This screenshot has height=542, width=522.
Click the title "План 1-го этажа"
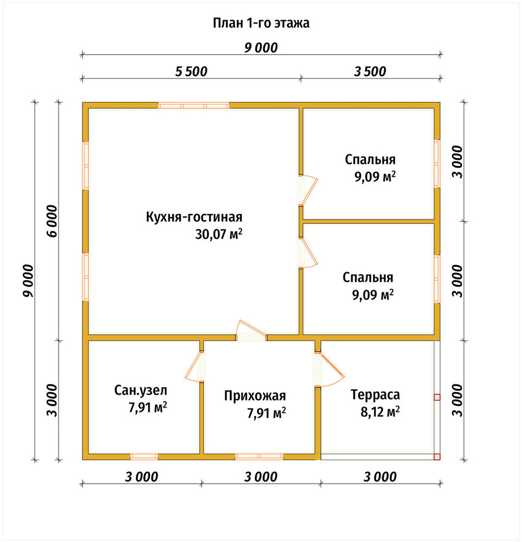(261, 23)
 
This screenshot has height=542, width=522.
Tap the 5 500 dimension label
(191, 72)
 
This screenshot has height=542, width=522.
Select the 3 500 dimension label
(370, 72)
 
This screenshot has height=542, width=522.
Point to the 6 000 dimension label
(51, 221)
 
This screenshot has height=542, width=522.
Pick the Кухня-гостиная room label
(194, 217)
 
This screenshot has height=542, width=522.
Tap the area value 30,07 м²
(219, 234)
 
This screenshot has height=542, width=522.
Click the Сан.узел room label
(141, 390)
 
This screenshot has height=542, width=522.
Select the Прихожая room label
(255, 396)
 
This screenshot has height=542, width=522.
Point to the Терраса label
(376, 395)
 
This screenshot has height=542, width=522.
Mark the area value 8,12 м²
(381, 412)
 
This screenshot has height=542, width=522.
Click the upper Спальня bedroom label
(370, 159)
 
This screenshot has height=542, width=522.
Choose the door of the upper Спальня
(308, 190)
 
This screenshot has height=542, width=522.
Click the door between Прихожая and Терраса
(330, 369)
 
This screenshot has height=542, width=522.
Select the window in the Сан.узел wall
(144, 456)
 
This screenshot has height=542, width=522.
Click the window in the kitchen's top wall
(194, 106)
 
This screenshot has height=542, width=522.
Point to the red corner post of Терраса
(437, 456)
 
